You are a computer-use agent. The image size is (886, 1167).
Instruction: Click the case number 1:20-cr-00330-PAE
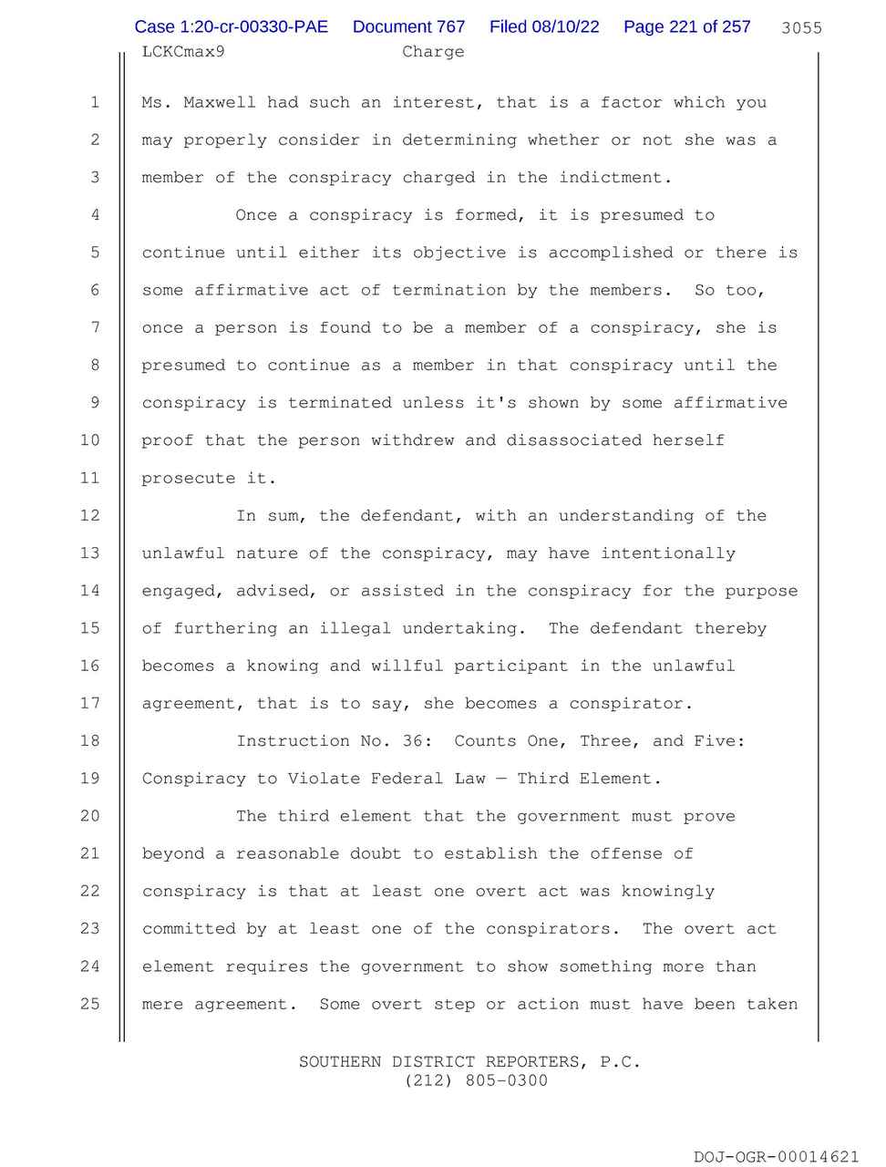tap(231, 26)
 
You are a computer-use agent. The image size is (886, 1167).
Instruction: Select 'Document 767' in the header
tap(408, 26)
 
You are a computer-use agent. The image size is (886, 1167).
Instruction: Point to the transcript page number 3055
tap(801, 28)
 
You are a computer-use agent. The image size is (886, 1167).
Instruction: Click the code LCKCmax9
tap(183, 52)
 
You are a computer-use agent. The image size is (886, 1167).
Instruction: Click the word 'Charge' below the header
tap(433, 52)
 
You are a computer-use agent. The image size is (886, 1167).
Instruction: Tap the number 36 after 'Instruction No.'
tap(412, 741)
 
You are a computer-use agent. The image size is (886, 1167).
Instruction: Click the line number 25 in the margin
tap(90, 1004)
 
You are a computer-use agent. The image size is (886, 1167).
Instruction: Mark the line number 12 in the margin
tap(90, 516)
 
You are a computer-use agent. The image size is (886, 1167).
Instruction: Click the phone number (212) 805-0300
tap(469, 1081)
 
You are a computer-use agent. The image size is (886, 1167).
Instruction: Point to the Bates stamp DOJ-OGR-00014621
tap(776, 1157)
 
